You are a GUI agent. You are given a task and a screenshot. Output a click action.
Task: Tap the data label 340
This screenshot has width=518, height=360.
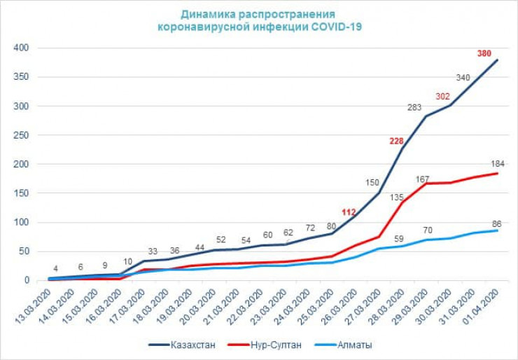pyautogui.click(x=463, y=78)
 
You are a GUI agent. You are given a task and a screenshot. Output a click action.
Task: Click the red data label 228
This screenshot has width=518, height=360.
pyautogui.click(x=397, y=141)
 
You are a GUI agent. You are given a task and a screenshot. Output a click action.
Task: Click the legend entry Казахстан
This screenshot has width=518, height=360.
pyautogui.click(x=189, y=345)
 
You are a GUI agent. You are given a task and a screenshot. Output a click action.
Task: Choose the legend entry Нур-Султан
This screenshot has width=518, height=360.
pyautogui.click(x=274, y=345)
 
